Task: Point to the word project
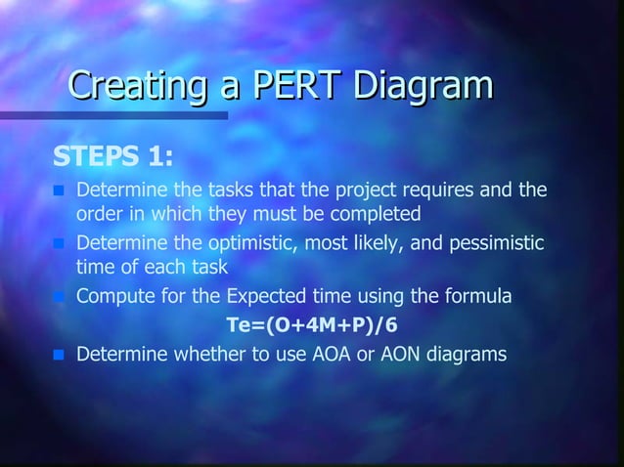(x=361, y=189)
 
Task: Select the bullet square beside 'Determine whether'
(x=59, y=355)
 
